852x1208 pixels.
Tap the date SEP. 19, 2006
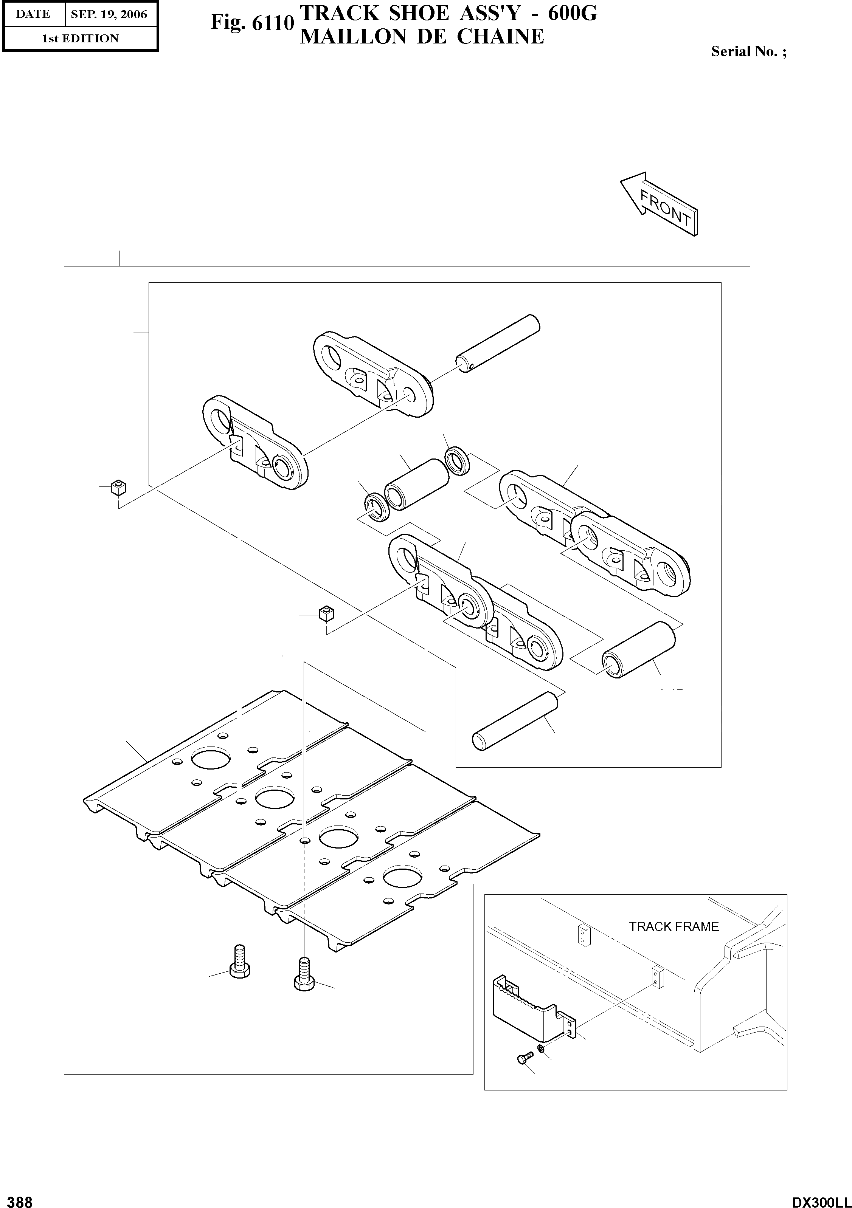coord(109,14)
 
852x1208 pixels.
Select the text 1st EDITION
coord(80,39)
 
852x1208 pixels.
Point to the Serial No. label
coord(748,51)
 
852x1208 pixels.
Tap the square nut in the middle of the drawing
coord(327,613)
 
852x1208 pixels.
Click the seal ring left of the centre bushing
coord(376,506)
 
